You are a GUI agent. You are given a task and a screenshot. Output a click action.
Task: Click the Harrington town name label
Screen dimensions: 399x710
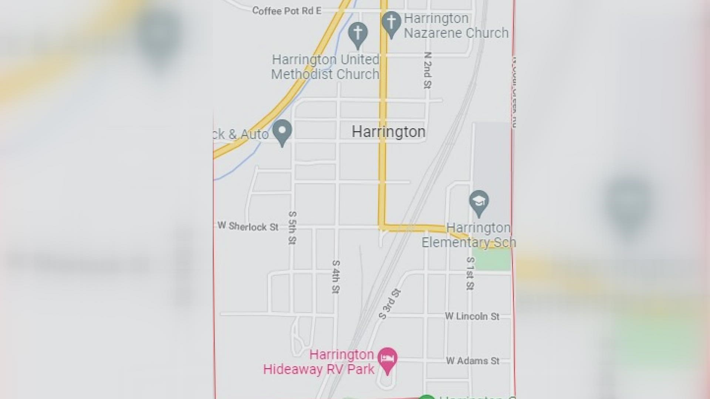[388, 132]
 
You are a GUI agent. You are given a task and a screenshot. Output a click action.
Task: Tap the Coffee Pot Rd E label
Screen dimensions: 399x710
[287, 11]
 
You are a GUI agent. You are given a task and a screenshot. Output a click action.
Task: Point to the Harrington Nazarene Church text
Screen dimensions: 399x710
[456, 26]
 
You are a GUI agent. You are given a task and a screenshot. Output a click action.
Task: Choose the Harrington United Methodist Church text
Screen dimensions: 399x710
[325, 67]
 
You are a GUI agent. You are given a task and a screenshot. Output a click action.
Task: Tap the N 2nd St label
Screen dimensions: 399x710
[427, 70]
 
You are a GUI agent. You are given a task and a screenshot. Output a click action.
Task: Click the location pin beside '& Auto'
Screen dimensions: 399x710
[283, 131]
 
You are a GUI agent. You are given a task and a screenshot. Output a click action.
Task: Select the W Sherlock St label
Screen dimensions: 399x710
[248, 226]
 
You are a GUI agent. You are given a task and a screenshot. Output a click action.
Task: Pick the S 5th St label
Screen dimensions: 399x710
[292, 228]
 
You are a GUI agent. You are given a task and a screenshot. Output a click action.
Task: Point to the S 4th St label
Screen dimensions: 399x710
[335, 277]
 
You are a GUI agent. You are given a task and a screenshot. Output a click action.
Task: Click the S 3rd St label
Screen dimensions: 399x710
[390, 304]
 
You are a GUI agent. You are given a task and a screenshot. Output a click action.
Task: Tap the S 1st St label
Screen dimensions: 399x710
[470, 273]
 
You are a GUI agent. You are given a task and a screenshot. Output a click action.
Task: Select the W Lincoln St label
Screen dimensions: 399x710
[472, 316]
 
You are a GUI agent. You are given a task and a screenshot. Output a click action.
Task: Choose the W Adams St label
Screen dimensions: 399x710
[473, 361]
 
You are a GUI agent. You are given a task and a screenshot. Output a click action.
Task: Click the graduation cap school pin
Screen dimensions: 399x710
[479, 202]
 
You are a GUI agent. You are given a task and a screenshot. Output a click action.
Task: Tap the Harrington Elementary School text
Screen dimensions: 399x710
[469, 235]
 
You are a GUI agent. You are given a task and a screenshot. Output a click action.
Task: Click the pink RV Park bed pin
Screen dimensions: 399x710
[387, 359]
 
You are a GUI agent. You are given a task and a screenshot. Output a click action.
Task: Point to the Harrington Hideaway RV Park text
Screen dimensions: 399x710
[319, 362]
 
